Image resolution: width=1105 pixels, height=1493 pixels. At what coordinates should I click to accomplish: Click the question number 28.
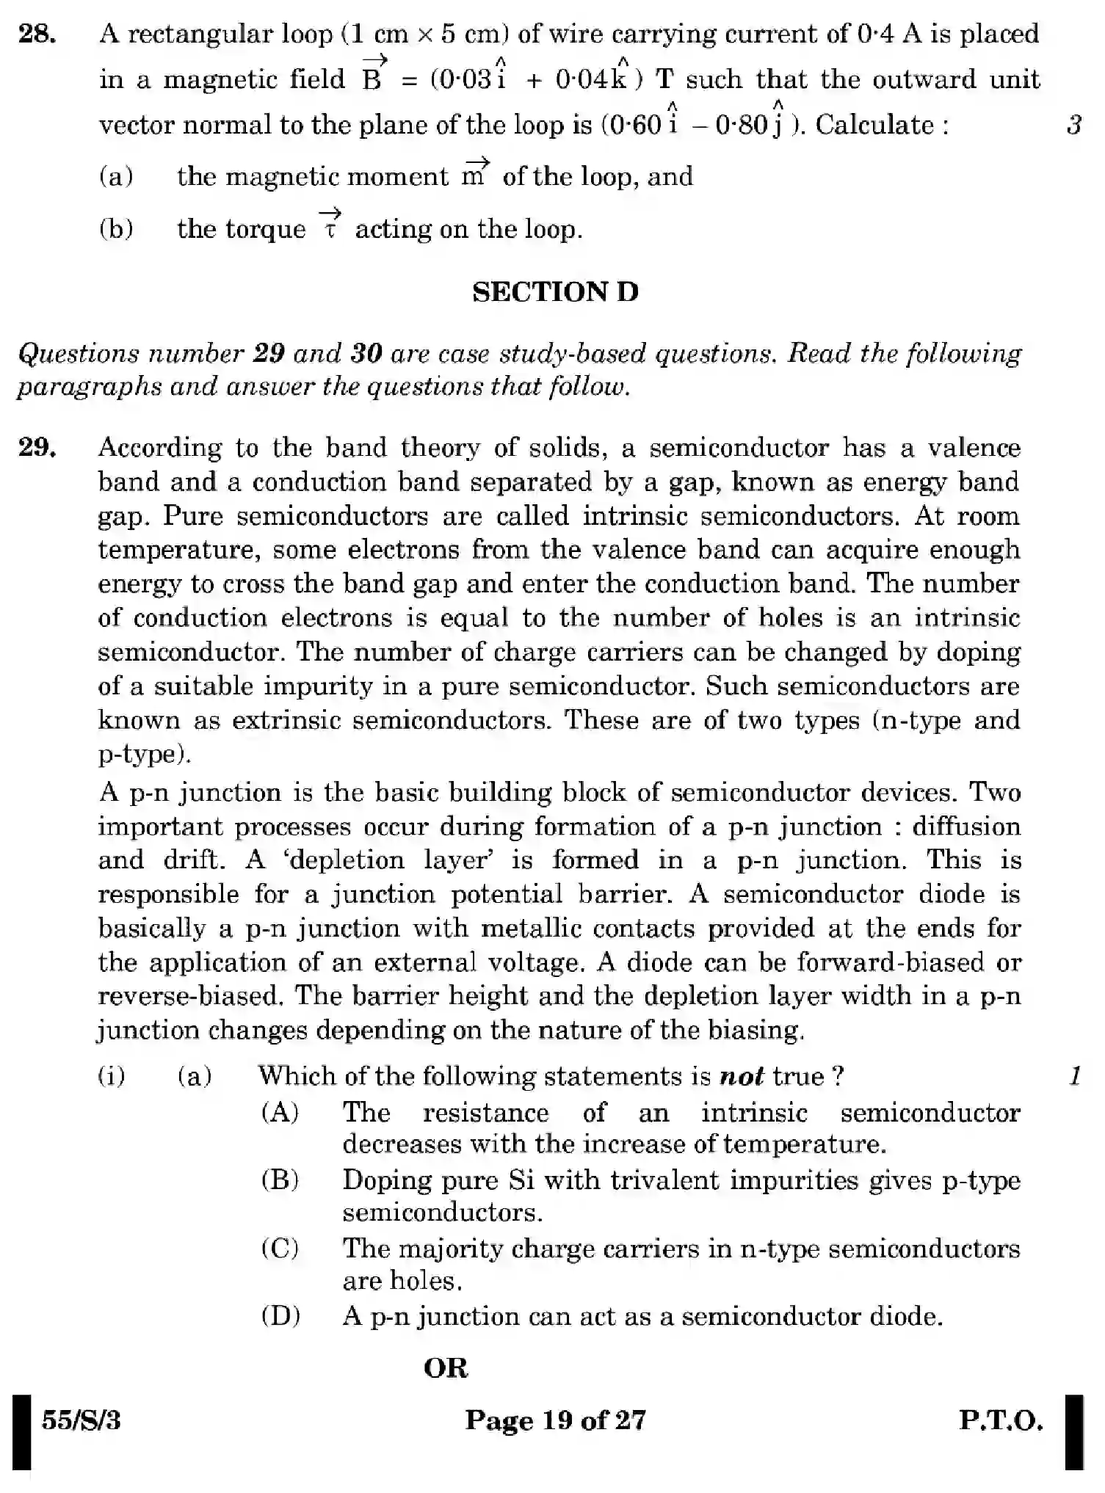tap(37, 34)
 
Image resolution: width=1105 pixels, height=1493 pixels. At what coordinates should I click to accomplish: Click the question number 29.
tap(37, 447)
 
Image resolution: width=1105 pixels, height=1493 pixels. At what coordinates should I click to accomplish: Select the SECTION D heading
tap(555, 292)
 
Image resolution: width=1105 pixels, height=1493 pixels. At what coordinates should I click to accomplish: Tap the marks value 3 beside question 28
tap(1074, 125)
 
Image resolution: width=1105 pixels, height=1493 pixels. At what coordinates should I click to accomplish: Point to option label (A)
tap(280, 1112)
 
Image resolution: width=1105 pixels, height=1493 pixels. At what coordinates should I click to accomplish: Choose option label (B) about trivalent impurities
tap(280, 1180)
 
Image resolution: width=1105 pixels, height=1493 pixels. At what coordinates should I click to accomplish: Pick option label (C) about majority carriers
tap(280, 1248)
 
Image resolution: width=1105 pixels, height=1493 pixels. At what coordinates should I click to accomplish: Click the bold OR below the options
tap(446, 1368)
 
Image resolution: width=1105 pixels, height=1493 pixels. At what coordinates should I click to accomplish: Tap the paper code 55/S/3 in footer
tap(81, 1421)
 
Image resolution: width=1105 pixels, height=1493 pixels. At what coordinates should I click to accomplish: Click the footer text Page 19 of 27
tap(555, 1421)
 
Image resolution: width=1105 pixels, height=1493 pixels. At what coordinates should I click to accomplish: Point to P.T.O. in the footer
tap(1001, 1421)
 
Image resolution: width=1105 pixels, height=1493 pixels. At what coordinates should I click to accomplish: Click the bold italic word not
tap(742, 1076)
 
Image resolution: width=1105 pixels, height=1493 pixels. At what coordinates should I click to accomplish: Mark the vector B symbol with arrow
tap(372, 74)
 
